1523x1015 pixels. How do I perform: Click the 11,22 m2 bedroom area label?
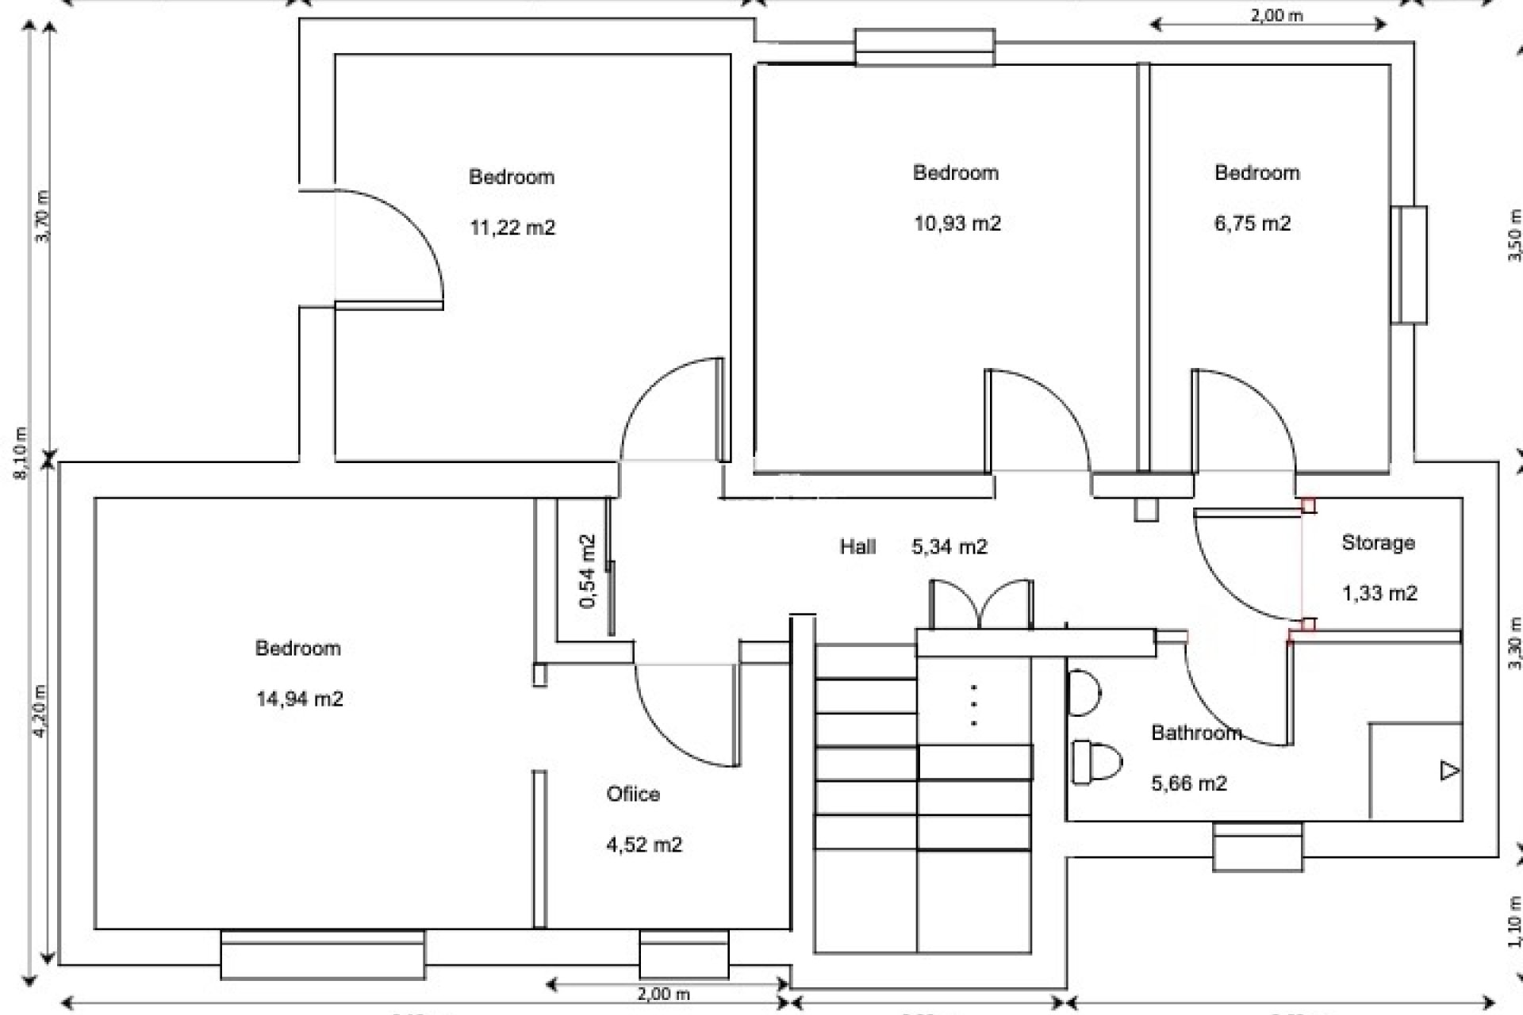click(x=512, y=228)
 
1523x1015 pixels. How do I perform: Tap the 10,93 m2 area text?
click(x=957, y=224)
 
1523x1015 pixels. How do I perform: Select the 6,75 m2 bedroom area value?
click(x=1253, y=224)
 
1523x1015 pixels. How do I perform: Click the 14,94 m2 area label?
click(x=299, y=699)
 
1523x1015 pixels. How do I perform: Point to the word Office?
click(x=632, y=794)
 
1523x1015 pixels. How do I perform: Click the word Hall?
click(x=857, y=546)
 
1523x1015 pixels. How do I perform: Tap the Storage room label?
click(x=1378, y=542)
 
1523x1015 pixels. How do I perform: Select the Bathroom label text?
click(x=1196, y=733)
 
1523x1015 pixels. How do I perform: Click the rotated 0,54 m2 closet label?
click(x=588, y=571)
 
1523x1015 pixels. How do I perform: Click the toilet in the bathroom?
click(x=1096, y=762)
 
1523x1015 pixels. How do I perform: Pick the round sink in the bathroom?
click(x=1083, y=694)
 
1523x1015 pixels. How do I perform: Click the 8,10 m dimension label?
click(x=21, y=453)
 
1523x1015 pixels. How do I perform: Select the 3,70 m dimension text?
click(x=43, y=216)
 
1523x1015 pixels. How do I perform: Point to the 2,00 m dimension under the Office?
click(x=663, y=994)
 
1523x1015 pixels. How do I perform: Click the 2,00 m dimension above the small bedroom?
click(x=1276, y=15)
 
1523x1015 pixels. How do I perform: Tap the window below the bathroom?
click(x=1257, y=847)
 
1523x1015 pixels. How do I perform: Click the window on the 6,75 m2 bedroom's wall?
click(x=1409, y=265)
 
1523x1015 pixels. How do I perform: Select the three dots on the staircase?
click(x=973, y=705)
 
